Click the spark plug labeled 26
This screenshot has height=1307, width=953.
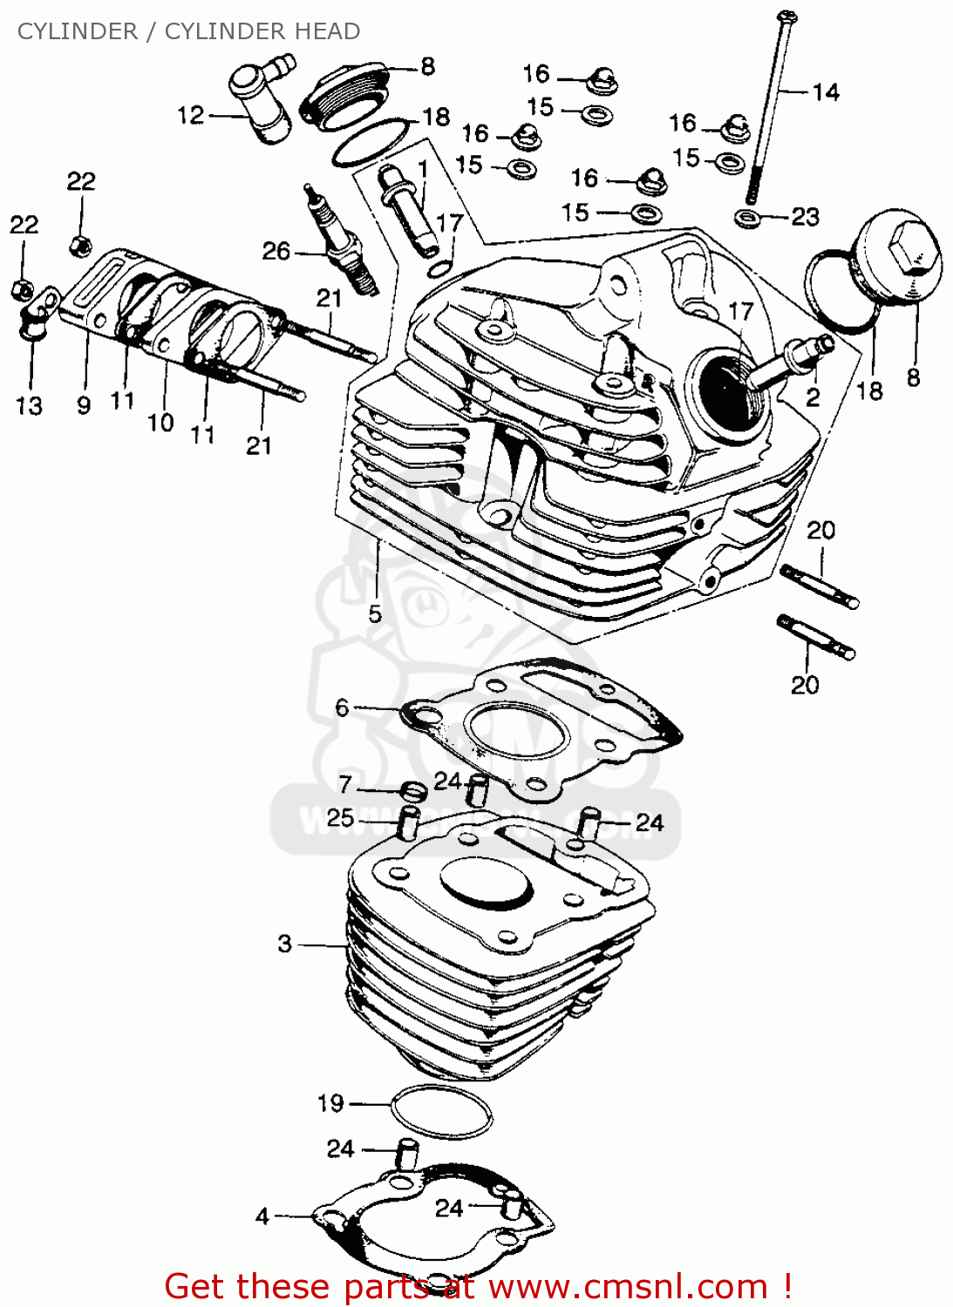point(340,243)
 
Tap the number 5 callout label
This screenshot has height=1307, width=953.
point(375,614)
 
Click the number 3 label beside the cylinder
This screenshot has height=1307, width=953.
point(285,944)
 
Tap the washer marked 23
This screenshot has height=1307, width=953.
point(747,217)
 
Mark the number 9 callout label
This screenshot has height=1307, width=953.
point(84,405)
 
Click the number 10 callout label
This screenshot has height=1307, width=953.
point(160,423)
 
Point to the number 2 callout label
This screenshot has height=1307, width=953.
point(813,398)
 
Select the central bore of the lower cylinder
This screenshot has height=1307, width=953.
point(486,883)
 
